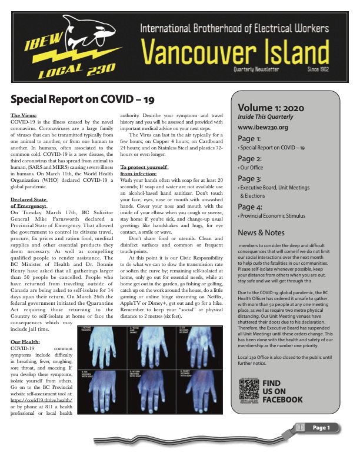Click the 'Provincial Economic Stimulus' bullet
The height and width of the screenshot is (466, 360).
coord(272,217)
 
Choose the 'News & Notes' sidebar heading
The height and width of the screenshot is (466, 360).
coord(261,232)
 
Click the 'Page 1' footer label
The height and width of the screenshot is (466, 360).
coord(321,427)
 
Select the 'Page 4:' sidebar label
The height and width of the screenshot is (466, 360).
coord(250,207)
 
